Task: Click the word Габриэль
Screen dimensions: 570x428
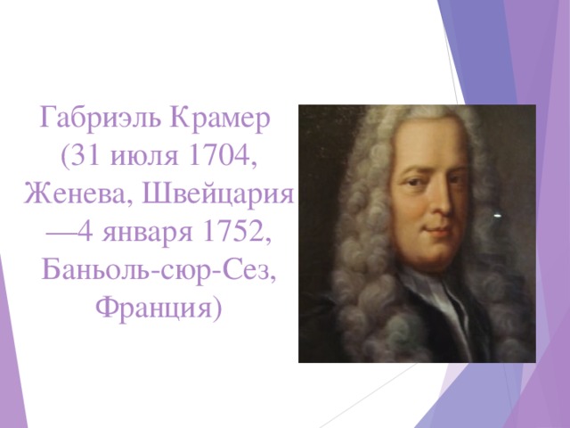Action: [100, 118]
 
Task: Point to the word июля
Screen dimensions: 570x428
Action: [144, 157]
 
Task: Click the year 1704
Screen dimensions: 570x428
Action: [219, 155]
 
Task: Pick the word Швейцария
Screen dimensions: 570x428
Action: [217, 194]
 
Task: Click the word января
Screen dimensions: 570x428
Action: [147, 233]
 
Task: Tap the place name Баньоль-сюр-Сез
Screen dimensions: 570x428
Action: [158, 271]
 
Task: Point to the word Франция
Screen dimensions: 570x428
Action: [154, 309]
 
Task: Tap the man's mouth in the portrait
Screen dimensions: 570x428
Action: [437, 230]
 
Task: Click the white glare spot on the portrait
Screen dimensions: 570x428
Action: [498, 216]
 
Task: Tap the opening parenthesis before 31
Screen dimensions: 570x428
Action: [64, 157]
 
